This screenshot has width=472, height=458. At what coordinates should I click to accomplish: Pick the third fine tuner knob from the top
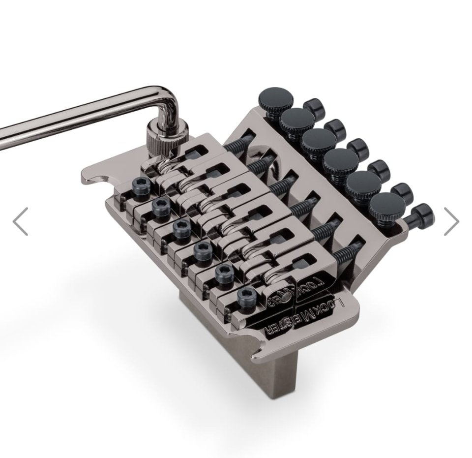[x=319, y=140]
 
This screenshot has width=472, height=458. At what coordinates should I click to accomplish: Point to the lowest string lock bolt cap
[x=422, y=215]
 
